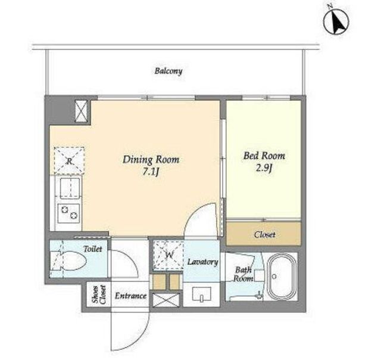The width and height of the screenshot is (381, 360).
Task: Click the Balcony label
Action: point(168,71)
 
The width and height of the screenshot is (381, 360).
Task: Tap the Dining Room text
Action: point(151,160)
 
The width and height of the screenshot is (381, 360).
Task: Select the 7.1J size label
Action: point(151,172)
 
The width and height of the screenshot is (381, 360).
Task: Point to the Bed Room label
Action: point(264,156)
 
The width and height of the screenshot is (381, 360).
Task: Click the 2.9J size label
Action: point(264,168)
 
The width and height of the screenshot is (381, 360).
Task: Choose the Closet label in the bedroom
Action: point(264,234)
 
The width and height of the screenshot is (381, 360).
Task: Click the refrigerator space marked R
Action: point(69,160)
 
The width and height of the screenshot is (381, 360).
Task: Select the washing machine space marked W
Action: point(168,255)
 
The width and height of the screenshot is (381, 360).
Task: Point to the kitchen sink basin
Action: point(70,187)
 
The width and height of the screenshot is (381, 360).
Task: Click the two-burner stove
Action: point(69,213)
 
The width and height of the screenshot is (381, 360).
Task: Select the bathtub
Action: point(282,277)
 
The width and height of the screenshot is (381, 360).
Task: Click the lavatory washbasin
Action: point(201,294)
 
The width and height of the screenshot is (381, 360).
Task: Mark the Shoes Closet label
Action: point(99,294)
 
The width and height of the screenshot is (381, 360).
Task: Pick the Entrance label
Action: point(130,296)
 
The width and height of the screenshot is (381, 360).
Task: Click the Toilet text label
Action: point(93,249)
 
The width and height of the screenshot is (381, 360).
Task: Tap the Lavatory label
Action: point(202,262)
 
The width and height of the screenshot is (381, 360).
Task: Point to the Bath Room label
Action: point(243,274)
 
